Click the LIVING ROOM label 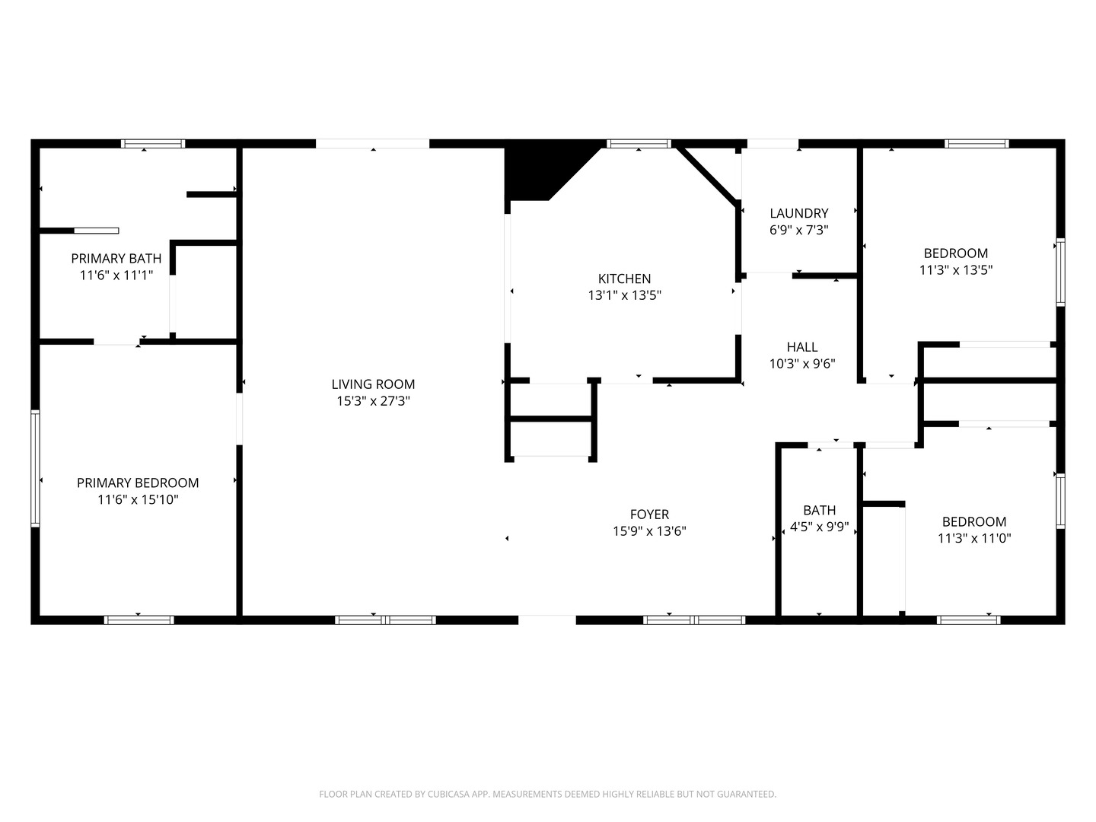point(373,384)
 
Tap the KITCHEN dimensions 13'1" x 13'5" point(624,295)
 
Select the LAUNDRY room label point(799,214)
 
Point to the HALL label point(802,347)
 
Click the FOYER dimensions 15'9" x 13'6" point(649,531)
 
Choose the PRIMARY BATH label point(116,259)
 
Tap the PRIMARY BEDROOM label point(138,483)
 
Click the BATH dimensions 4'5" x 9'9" point(820,527)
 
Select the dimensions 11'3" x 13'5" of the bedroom point(956,270)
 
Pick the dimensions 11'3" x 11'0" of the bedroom point(974,539)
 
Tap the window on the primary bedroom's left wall point(36,468)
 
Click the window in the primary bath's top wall point(153,144)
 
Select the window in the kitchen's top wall point(639,144)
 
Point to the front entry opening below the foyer point(546,620)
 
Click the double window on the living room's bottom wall point(385,620)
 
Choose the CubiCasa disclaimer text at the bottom point(548,794)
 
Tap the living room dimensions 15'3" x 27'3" point(373,401)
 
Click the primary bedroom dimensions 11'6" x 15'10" point(138,499)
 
